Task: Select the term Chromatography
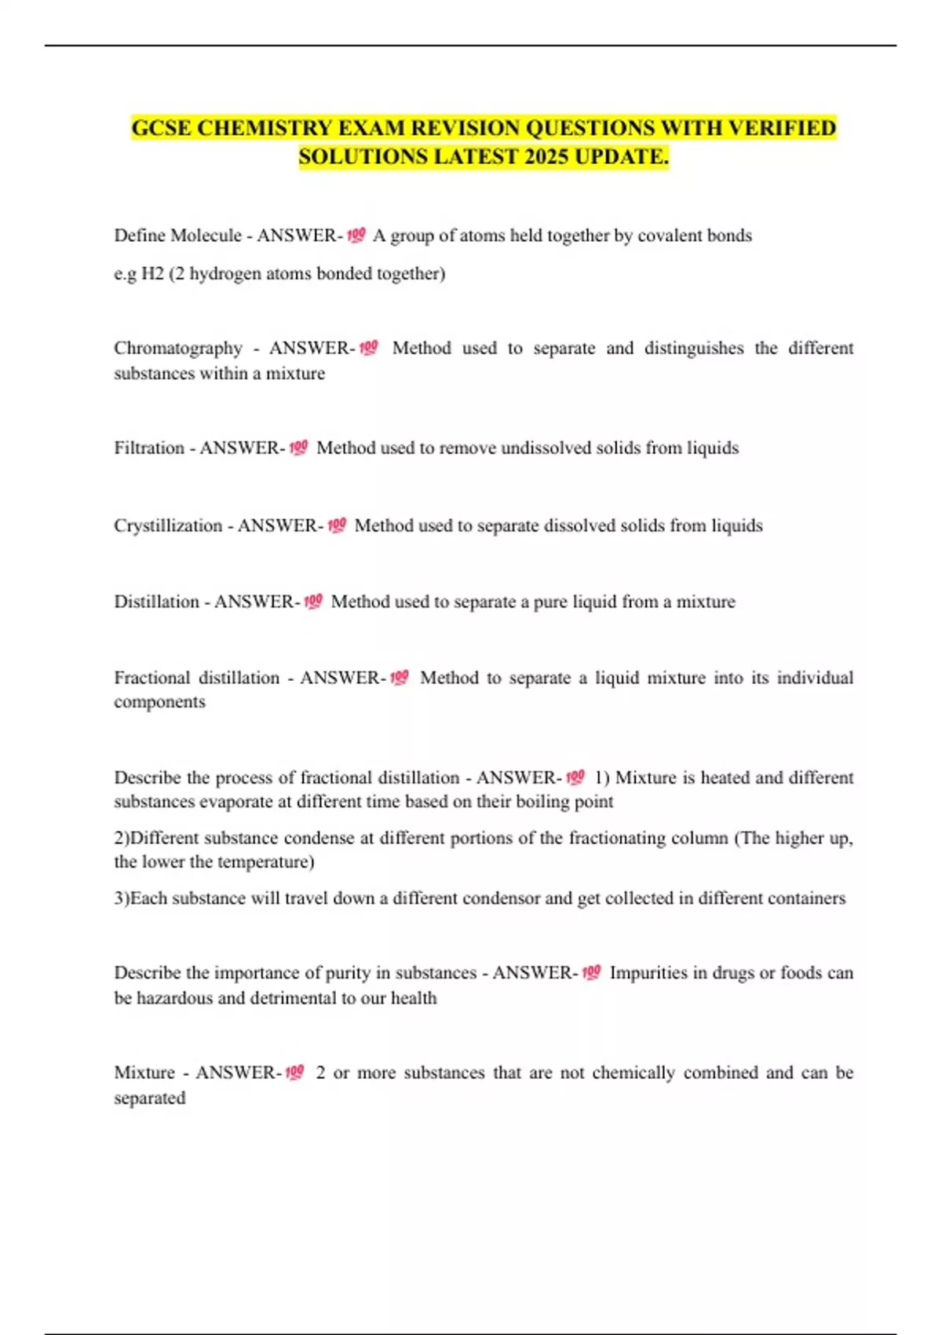pos(178,348)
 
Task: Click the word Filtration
pos(149,448)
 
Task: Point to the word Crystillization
pos(168,525)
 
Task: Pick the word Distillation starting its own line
pos(156,602)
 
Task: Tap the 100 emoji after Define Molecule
pos(356,235)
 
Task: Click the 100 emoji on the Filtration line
pos(298,448)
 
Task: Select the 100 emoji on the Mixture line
pos(294,1072)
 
